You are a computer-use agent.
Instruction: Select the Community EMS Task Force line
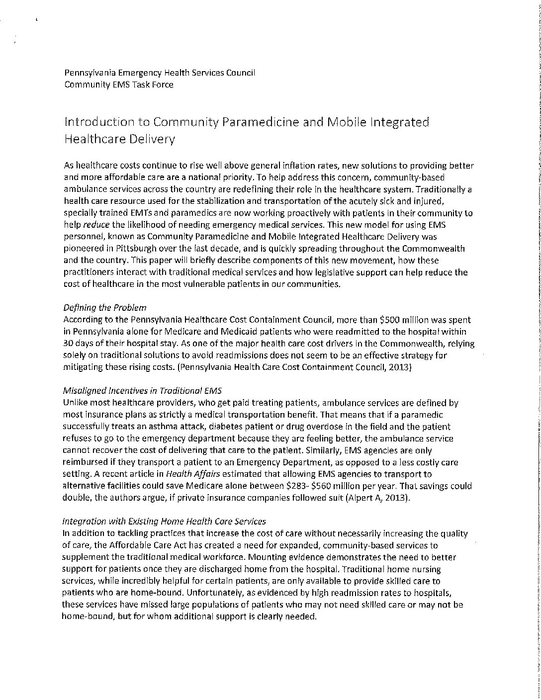point(119,85)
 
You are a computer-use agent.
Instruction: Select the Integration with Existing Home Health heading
point(164,522)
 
